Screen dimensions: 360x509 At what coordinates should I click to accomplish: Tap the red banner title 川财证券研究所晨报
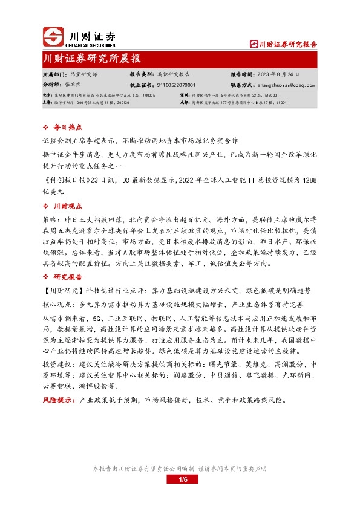[x=93, y=59]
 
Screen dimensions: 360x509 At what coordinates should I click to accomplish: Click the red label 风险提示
[x=58, y=400]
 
